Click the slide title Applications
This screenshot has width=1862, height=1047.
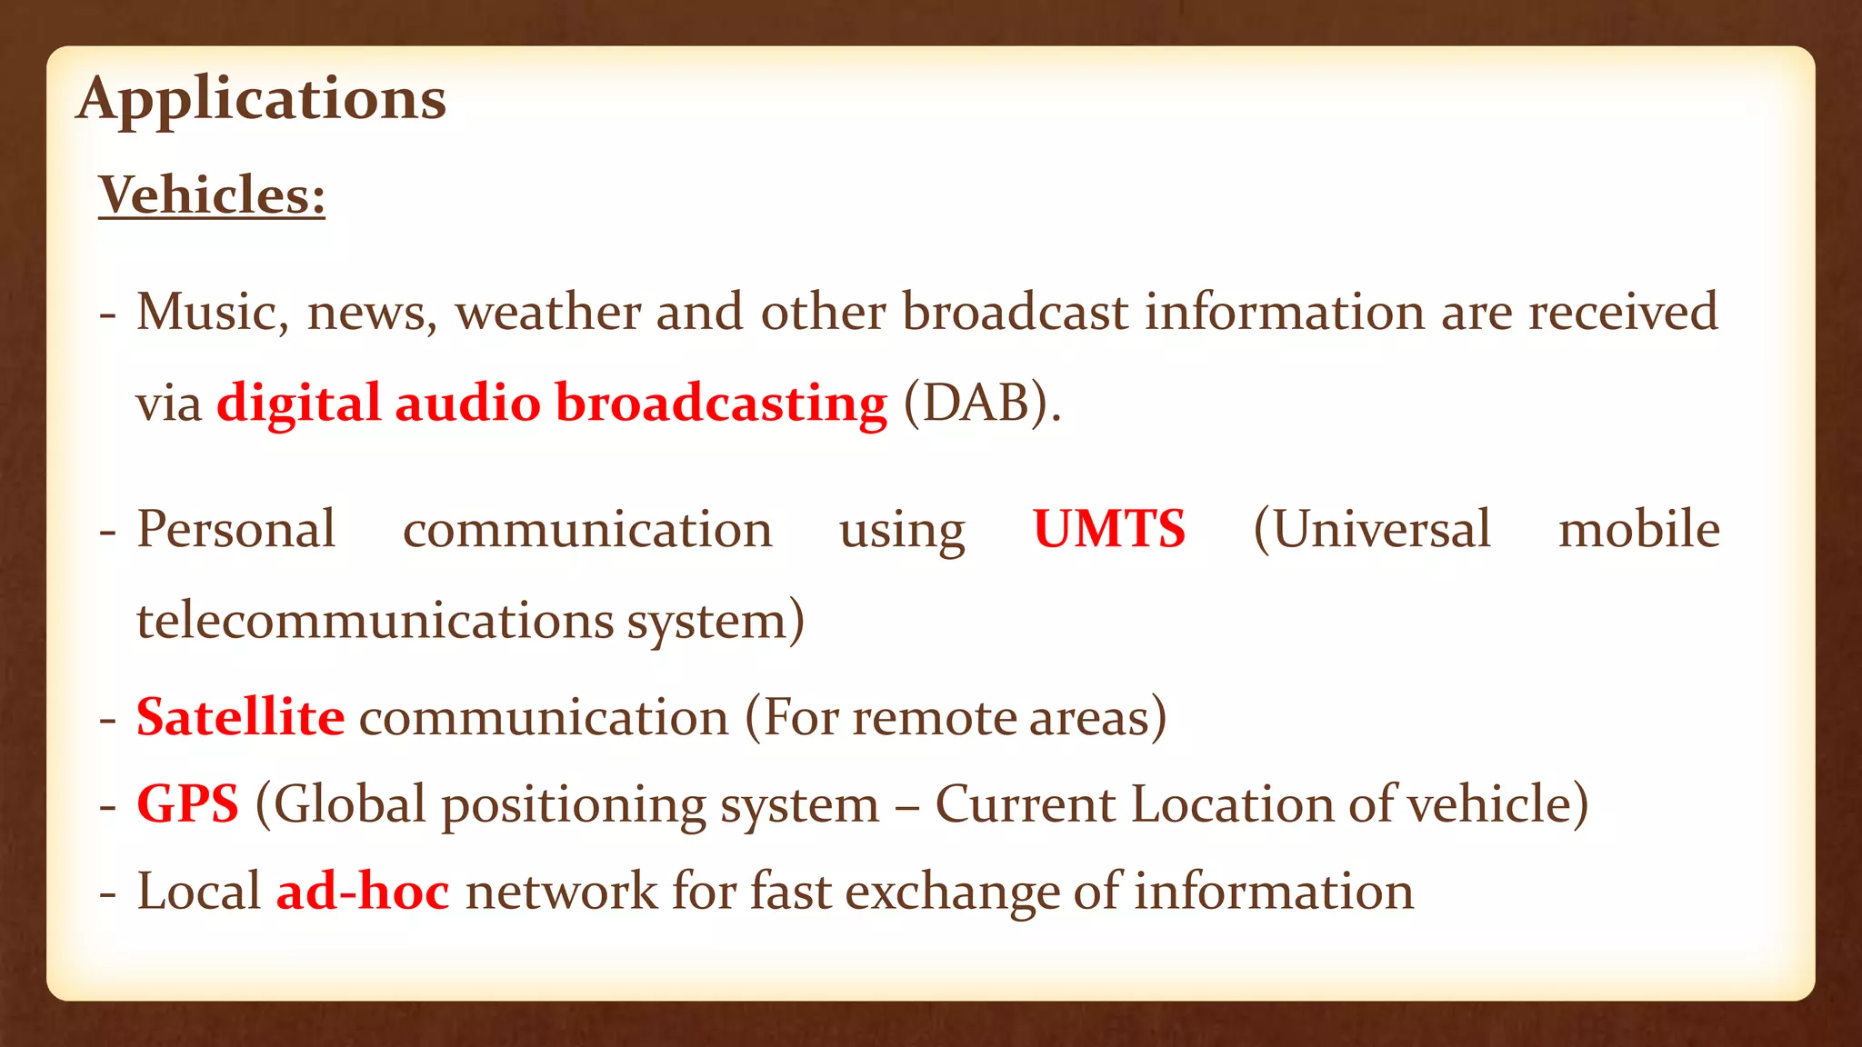pos(262,99)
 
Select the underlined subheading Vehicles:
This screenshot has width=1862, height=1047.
pos(212,195)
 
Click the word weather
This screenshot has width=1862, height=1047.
pos(548,312)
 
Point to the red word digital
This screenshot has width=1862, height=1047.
pos(298,403)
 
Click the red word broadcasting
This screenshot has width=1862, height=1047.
pos(721,403)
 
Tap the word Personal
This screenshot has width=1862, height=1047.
pos(236,529)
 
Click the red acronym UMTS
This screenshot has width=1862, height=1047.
pos(1109,529)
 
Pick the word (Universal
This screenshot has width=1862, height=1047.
pos(1372,529)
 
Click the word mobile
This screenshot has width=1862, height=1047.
pos(1639,529)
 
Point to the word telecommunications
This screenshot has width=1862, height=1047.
pos(375,621)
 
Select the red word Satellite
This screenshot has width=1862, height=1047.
pos(241,717)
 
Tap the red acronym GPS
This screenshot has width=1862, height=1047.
pos(188,804)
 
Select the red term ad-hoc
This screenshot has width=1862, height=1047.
pos(363,891)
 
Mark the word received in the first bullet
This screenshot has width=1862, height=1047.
pos(1623,312)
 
